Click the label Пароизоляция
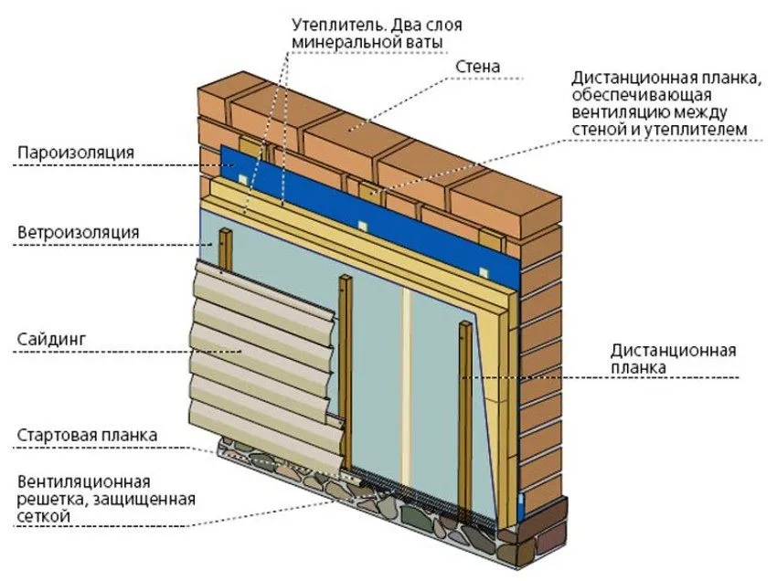click(x=75, y=152)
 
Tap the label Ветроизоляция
click(x=79, y=232)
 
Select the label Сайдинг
click(x=51, y=340)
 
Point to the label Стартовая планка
click(x=87, y=436)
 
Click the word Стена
click(x=478, y=67)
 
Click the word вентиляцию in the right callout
click(x=620, y=112)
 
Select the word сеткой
click(x=44, y=516)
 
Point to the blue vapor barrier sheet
click(x=369, y=208)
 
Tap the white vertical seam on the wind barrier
click(x=407, y=386)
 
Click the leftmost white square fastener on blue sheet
click(x=242, y=178)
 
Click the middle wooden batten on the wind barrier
click(x=346, y=373)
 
